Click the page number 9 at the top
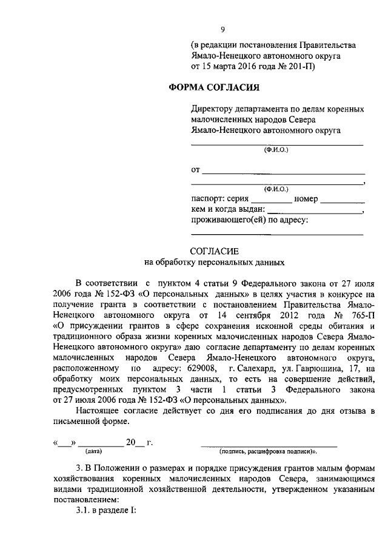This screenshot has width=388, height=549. (223, 30)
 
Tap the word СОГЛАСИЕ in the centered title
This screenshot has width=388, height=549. (215, 251)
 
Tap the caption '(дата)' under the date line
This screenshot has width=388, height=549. (93, 451)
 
